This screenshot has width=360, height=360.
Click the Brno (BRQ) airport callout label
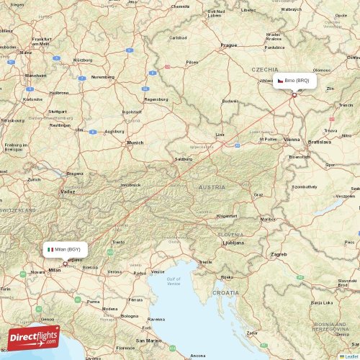[295, 81]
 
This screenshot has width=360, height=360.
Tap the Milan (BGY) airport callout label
[65, 250]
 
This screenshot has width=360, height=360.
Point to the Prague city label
[229, 45]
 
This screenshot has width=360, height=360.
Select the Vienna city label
[292, 139]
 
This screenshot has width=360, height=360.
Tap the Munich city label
[135, 143]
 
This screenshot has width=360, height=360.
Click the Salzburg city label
[182, 158]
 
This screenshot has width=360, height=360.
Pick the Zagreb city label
[279, 254]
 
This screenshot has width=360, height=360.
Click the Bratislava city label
[319, 143]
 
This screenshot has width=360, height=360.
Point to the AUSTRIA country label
[212, 187]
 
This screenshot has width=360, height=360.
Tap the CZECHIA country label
[265, 69]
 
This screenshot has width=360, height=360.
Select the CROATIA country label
[225, 293]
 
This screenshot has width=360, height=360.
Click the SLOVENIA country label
[231, 234]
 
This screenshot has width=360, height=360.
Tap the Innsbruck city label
[130, 184]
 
